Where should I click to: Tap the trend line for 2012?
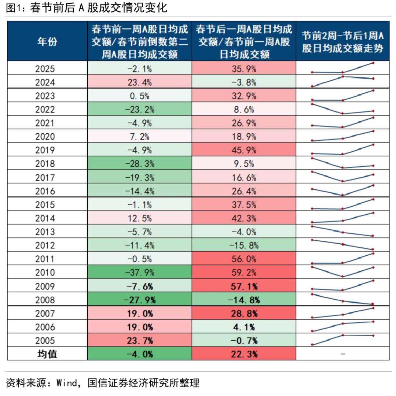pyautogui.click(x=342, y=245)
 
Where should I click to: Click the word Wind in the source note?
pyautogui.click(x=68, y=384)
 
